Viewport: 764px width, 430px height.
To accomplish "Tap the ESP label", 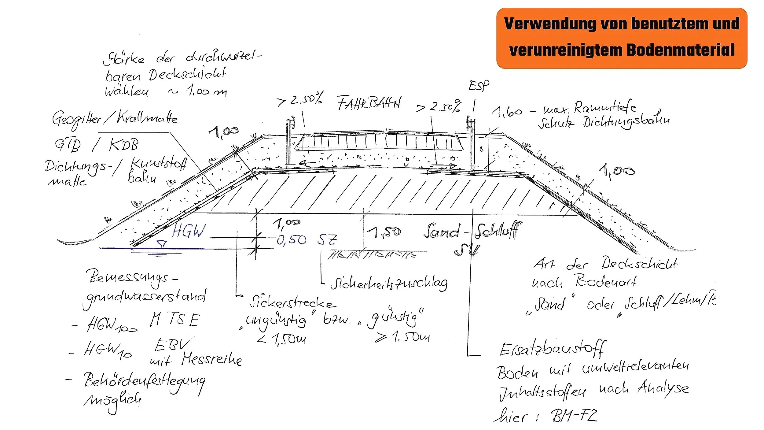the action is click(x=479, y=85).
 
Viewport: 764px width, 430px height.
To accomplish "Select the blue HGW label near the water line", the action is click(x=189, y=231).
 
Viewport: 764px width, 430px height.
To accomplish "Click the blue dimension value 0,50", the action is click(x=291, y=240).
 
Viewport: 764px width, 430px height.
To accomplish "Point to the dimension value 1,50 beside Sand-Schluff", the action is click(x=384, y=232).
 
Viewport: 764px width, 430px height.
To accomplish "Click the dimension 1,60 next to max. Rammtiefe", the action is click(x=507, y=112).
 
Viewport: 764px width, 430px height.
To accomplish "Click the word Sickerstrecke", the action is click(x=292, y=302).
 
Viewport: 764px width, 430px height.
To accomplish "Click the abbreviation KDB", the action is click(x=123, y=144).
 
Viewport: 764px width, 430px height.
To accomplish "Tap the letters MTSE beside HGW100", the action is click(x=175, y=320).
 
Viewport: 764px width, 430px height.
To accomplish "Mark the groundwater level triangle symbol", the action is click(x=161, y=244).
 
